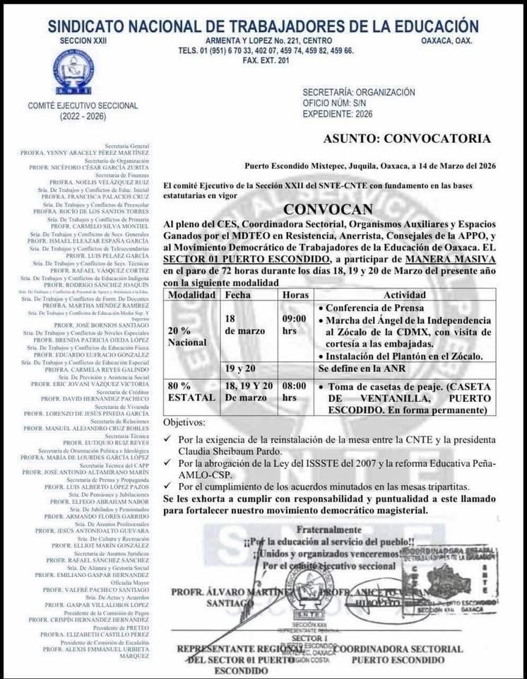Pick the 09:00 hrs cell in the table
pyautogui.click(x=294, y=325)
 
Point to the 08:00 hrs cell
pyautogui.click(x=294, y=392)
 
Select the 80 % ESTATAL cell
pyautogui.click(x=188, y=392)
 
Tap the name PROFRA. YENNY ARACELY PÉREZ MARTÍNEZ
pyautogui.click(x=94, y=152)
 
